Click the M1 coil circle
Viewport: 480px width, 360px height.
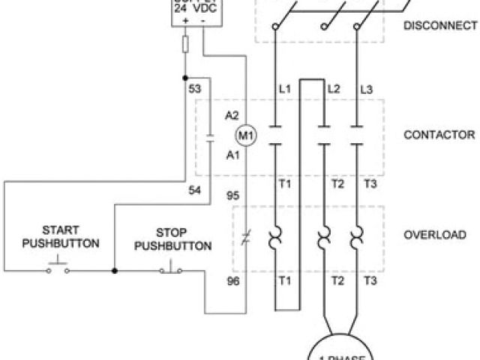pyautogui.click(x=246, y=136)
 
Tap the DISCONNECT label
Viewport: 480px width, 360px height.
pyautogui.click(x=440, y=25)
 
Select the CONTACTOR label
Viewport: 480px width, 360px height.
pyautogui.click(x=439, y=135)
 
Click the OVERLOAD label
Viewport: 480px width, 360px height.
pyautogui.click(x=435, y=235)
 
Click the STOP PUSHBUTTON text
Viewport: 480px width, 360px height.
pyautogui.click(x=173, y=239)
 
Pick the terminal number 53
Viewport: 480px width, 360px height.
pyautogui.click(x=195, y=89)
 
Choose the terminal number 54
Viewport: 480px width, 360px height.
pyautogui.click(x=195, y=190)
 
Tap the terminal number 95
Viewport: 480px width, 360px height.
pyautogui.click(x=232, y=196)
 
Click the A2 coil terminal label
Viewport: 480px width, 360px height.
pyautogui.click(x=232, y=115)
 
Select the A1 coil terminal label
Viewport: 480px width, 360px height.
pyautogui.click(x=232, y=155)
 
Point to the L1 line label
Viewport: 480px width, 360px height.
pyautogui.click(x=284, y=89)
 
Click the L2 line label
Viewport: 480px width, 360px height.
pyautogui.click(x=334, y=89)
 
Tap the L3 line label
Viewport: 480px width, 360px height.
pyautogui.click(x=367, y=89)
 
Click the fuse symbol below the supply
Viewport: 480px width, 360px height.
pyautogui.click(x=184, y=44)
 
